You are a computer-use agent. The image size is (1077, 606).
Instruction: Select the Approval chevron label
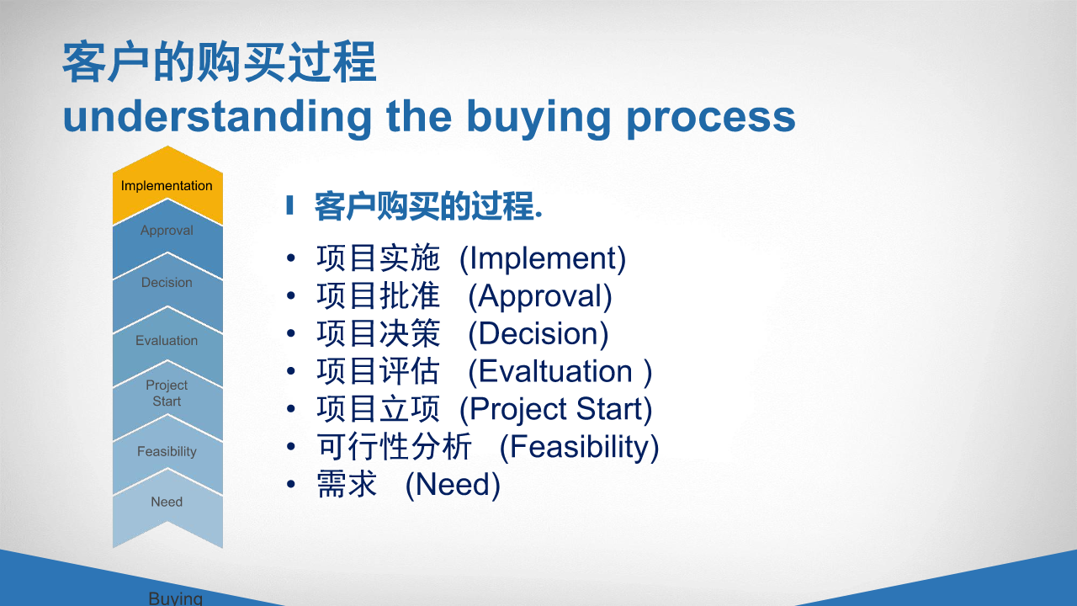[167, 231]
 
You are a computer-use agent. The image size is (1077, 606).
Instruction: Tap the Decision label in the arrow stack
[167, 282]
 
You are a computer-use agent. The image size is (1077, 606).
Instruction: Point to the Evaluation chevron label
[167, 341]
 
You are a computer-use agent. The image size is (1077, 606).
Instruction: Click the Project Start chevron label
[167, 393]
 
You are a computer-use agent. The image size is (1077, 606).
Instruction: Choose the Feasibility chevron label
[167, 452]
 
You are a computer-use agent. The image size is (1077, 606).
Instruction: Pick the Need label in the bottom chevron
[167, 502]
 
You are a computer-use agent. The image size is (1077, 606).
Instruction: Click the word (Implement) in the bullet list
[543, 259]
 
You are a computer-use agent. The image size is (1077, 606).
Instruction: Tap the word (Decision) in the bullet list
[538, 334]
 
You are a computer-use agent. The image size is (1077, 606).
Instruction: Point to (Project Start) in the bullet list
[556, 410]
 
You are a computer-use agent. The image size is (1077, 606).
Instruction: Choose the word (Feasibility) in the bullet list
[580, 447]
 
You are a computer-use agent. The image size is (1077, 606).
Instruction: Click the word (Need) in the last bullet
[453, 485]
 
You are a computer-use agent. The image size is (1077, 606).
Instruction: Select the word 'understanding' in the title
[217, 116]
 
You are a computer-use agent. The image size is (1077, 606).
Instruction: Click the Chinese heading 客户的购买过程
[220, 62]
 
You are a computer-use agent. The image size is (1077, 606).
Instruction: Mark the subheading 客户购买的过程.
[428, 206]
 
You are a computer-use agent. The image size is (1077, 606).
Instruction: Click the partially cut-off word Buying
[176, 598]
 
